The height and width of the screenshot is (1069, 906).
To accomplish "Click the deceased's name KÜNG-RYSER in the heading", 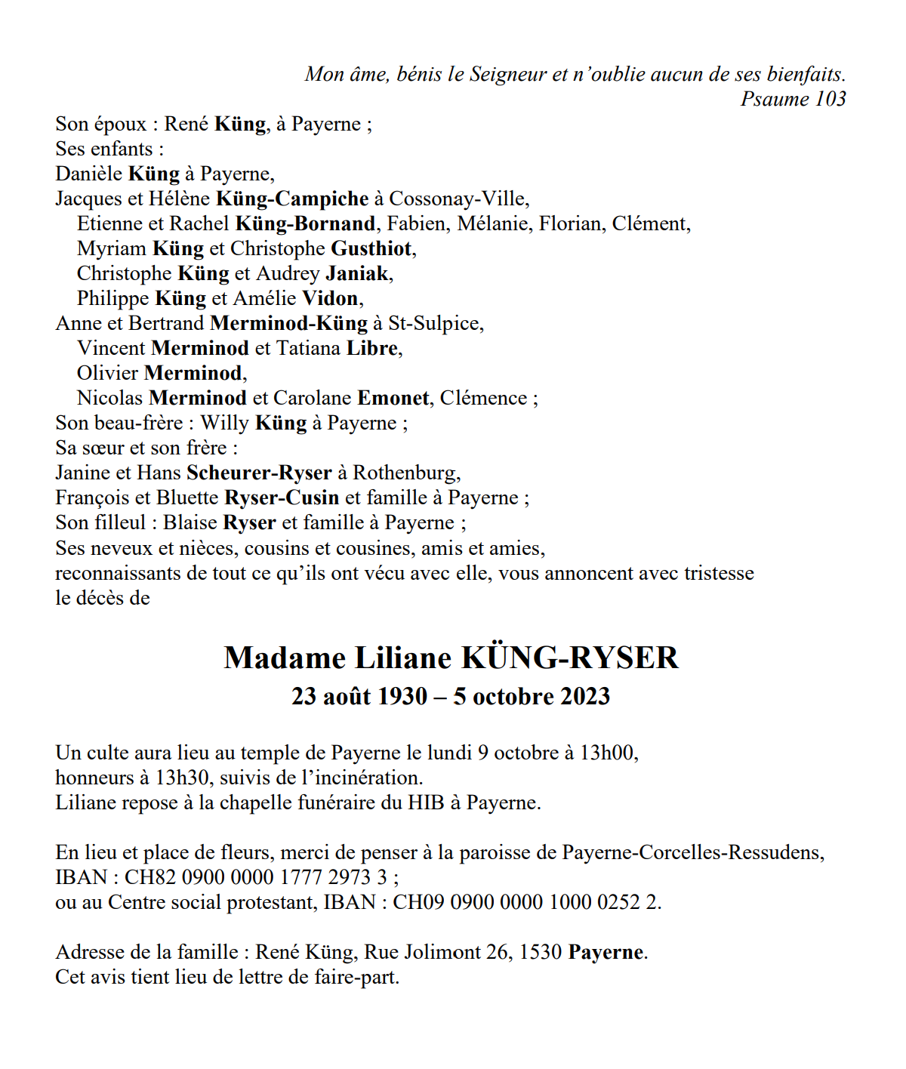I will (x=570, y=658).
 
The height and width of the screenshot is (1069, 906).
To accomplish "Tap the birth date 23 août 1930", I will (x=359, y=696).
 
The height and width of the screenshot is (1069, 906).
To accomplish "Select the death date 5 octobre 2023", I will (x=532, y=696).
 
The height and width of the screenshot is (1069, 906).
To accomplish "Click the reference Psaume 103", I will (x=793, y=99).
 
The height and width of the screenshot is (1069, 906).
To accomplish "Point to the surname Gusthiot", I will (x=371, y=248).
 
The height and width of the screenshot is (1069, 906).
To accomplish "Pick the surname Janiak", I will (x=357, y=273).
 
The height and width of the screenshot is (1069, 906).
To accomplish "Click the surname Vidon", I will (x=330, y=298).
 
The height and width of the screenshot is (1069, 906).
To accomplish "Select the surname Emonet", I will (x=393, y=398).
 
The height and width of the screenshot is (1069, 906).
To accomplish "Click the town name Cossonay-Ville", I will (x=457, y=199).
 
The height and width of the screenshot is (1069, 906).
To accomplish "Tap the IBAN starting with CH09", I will (x=526, y=902).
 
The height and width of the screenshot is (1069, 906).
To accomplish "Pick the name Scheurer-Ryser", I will (x=259, y=473).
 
